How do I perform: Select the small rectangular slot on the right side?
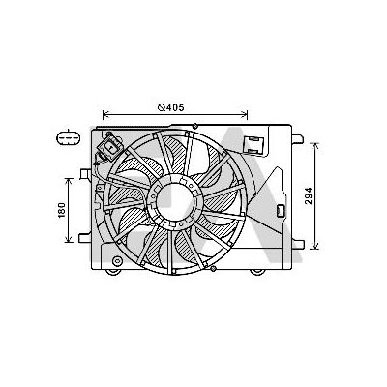(x=280, y=210)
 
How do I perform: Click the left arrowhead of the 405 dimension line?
(x=104, y=111)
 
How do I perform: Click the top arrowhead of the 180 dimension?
(x=70, y=178)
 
